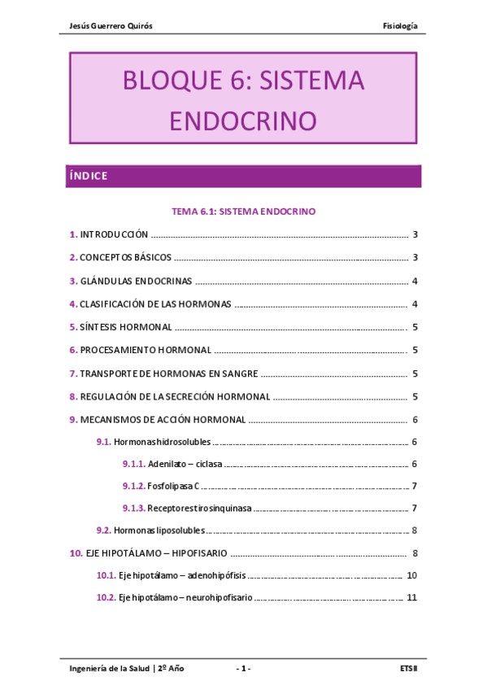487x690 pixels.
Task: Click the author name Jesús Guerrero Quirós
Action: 112,26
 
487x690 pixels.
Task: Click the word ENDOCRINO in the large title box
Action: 242,120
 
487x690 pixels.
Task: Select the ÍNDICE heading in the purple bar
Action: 89,176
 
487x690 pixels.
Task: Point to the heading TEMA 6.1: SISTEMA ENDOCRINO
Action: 243,211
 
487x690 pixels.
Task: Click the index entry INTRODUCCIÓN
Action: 114,234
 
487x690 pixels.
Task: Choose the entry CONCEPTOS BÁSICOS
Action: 125,258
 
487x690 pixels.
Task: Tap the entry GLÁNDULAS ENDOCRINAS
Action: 136,282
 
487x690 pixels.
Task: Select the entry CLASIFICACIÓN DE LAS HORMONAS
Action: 155,304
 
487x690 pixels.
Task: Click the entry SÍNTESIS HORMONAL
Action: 126,327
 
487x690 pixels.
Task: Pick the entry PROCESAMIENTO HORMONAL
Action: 146,351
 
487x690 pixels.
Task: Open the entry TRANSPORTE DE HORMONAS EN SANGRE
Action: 169,373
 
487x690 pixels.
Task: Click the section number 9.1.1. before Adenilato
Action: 133,464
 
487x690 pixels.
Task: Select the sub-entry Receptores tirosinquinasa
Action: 199,509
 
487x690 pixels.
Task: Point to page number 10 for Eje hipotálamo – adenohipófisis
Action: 412,575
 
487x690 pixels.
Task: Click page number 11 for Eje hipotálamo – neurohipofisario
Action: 412,597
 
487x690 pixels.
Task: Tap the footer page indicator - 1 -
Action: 243,669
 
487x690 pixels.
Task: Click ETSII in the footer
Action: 409,669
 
